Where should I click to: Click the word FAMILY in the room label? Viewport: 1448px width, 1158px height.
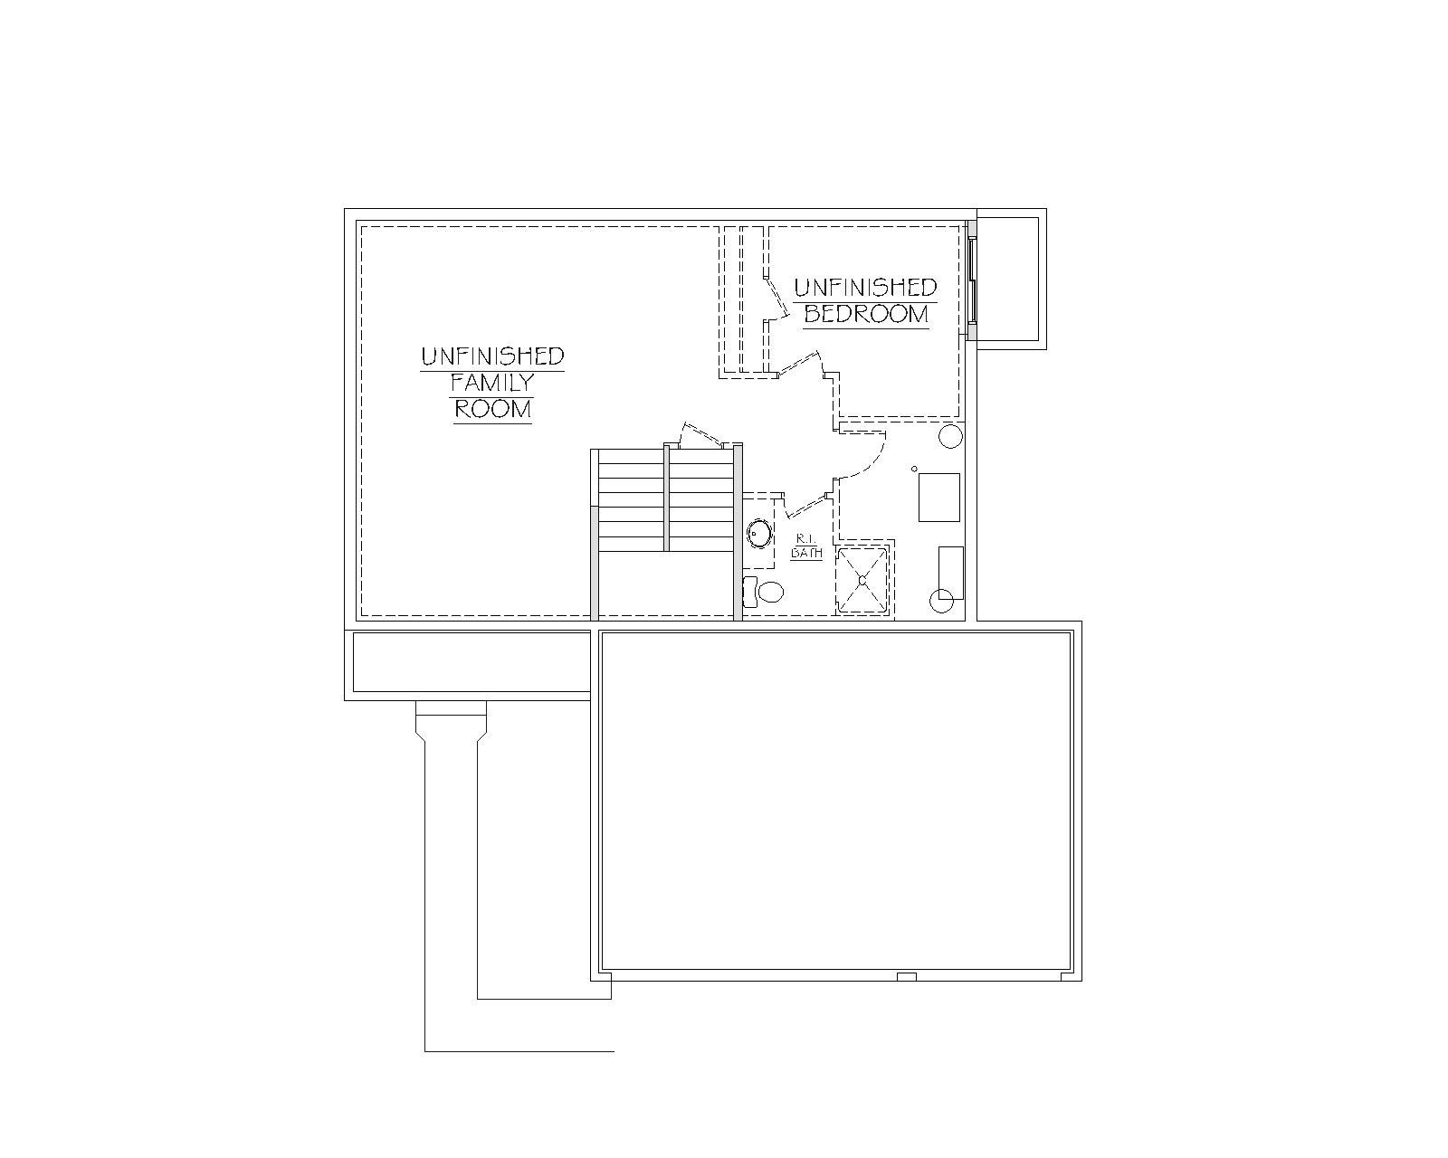coord(491,382)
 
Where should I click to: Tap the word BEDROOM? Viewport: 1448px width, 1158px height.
coord(866,314)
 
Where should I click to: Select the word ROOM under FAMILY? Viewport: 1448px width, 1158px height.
coord(492,408)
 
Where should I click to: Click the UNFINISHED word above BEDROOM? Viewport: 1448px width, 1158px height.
coord(865,288)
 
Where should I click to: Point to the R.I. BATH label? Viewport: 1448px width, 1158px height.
coord(806,546)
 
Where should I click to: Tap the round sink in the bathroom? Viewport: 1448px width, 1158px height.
coord(759,533)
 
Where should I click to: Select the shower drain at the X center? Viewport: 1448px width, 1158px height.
coord(862,579)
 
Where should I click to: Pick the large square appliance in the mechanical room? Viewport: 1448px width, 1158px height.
coord(939,498)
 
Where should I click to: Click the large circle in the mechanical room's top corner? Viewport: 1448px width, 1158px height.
coord(951,436)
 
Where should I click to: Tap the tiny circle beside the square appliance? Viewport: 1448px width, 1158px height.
coord(914,469)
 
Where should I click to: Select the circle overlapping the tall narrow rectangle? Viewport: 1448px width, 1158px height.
coord(941,601)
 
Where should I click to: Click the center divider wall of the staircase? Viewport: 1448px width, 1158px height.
coord(666,498)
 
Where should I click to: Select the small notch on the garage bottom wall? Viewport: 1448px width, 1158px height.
coord(907,976)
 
